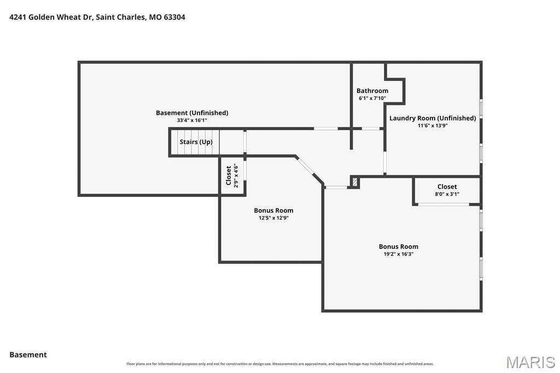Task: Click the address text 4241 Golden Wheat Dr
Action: click(51, 17)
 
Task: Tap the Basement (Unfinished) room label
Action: click(192, 113)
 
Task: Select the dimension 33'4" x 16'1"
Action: click(192, 120)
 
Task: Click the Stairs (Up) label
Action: click(196, 142)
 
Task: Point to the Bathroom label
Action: click(372, 91)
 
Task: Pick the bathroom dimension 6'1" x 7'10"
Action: click(372, 98)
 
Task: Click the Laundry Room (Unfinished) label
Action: click(433, 118)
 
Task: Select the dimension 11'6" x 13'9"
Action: click(433, 126)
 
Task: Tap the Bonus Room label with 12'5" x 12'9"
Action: click(273, 211)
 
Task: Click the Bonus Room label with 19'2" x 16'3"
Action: click(399, 247)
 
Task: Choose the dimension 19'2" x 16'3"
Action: click(399, 254)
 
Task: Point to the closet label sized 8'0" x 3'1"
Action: click(447, 186)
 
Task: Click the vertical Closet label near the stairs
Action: click(229, 176)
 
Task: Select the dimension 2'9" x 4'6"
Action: click(236, 176)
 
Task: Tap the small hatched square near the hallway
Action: click(354, 182)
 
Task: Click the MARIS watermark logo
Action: click(530, 362)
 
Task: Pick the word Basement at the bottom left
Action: click(28, 355)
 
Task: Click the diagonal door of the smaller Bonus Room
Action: click(305, 167)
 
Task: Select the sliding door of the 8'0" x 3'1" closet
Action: click(444, 205)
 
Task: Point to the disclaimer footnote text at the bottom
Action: click(280, 364)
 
